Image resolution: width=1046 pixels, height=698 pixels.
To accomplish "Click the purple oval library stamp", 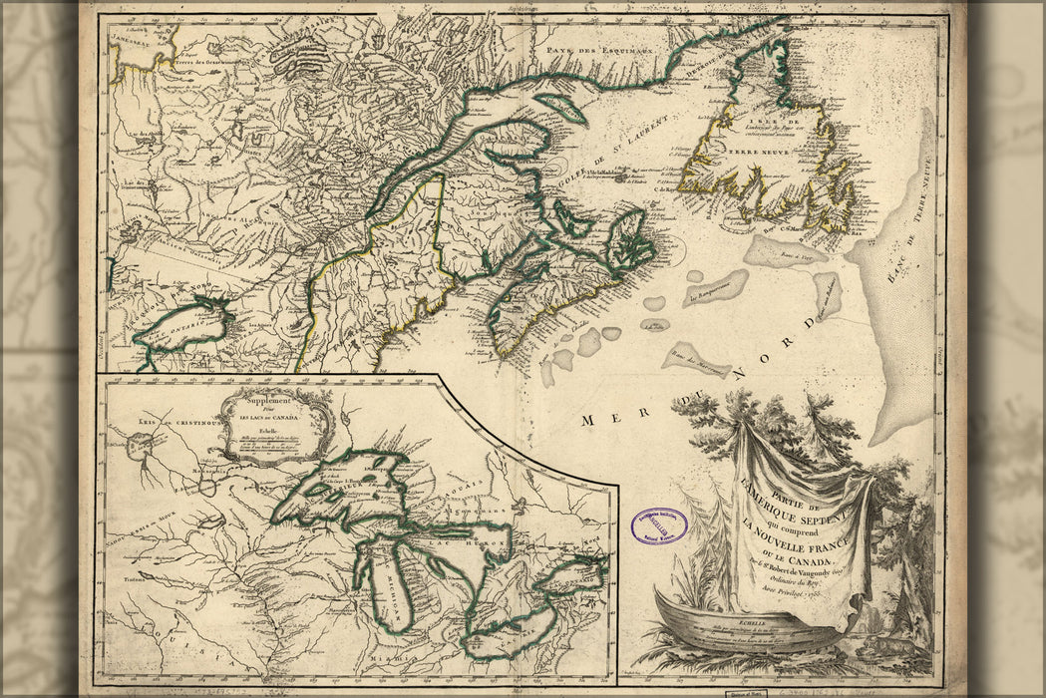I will pyautogui.click(x=659, y=525).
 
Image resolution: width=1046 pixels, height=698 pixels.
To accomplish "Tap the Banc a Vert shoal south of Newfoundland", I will pyautogui.click(x=785, y=249).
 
